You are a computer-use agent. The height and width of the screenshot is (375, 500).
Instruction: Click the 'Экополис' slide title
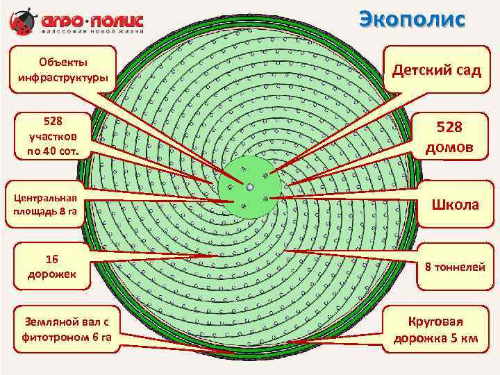point(412,19)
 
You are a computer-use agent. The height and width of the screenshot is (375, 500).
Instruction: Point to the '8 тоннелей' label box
point(456,266)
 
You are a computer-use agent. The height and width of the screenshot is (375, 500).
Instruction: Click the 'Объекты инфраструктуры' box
point(63,69)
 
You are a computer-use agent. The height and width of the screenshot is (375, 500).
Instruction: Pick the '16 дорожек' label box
point(52,266)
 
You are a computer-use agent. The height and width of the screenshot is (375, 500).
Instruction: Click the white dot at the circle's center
point(249,186)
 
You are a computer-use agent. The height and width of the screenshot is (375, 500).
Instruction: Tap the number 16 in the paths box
point(52,259)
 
